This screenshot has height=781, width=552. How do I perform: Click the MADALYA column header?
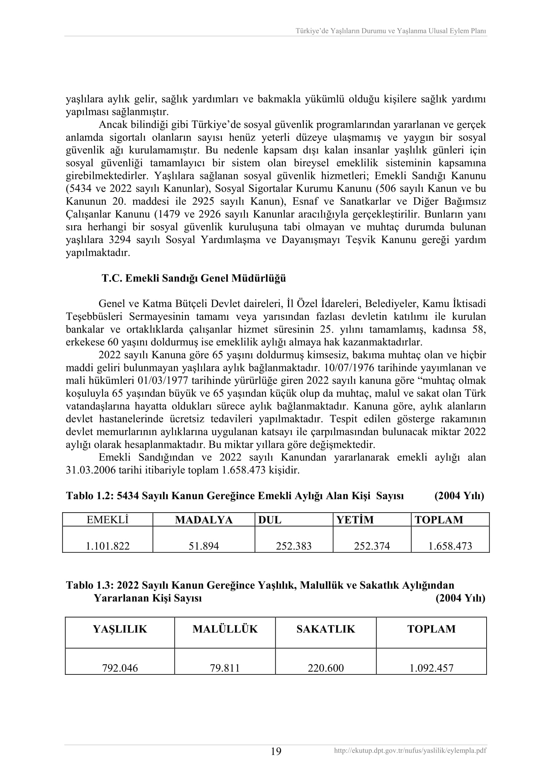[204, 520]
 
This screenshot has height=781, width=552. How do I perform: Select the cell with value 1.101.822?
[107, 546]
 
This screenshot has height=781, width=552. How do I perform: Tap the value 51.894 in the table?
[204, 546]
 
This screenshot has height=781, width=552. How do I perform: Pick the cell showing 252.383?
[294, 546]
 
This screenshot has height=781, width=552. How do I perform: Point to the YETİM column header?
[355, 520]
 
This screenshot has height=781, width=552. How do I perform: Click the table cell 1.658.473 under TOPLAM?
[450, 546]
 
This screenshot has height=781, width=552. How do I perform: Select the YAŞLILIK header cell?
[120, 629]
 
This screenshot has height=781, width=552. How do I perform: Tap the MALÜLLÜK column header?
[225, 629]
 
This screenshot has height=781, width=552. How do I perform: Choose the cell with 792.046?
[120, 668]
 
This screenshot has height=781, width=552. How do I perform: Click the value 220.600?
[326, 668]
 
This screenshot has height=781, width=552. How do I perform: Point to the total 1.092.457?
[431, 668]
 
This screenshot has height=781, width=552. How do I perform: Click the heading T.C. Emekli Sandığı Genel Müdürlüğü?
[194, 278]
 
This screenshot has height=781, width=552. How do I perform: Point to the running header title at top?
[390, 31]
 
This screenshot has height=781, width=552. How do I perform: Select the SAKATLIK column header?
[326, 629]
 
